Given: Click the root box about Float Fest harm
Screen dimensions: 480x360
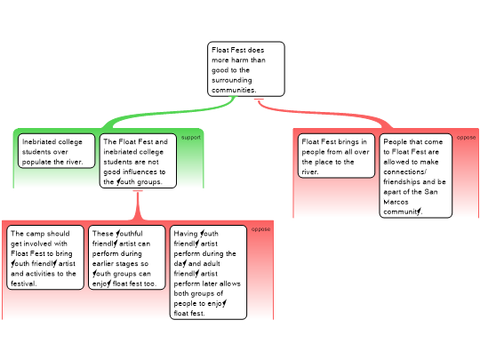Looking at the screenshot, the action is coord(246,69).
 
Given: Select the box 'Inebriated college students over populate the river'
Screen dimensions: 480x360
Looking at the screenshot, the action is coord(57,151).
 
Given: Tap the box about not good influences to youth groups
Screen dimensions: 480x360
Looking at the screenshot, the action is coord(138,161).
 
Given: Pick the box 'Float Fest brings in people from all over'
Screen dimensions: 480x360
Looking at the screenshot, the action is coord(336,156).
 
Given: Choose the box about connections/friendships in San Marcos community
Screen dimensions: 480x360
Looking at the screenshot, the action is coord(416,176).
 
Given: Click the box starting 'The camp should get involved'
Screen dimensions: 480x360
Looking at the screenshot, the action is coord(45,258).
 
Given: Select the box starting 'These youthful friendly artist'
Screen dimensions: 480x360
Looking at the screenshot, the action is coord(127,258).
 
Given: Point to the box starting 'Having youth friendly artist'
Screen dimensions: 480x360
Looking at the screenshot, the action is coord(208,273).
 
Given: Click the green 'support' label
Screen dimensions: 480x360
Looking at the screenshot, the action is coord(191,138).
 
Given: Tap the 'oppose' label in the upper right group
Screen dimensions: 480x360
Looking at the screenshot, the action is coord(466,138).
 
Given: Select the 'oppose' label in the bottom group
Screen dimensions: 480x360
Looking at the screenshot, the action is coord(260,229).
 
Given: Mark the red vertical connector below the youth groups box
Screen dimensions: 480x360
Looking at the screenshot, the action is coord(138,205).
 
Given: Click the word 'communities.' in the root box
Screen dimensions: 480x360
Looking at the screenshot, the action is coord(234,90).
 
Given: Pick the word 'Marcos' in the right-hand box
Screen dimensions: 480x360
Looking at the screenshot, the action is coord(396,202).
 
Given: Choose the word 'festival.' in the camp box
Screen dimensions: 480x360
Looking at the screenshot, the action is coord(24,284).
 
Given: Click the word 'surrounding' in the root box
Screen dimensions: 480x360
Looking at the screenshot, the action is coord(232,80).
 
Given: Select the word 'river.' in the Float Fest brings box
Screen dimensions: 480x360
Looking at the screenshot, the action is coord(310,172).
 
